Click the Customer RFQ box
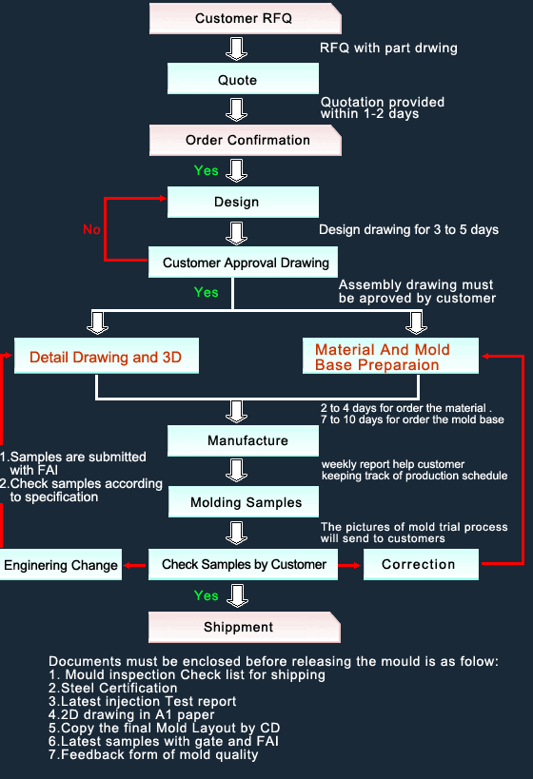tap(246, 18)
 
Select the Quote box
tap(243, 79)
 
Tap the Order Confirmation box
tap(246, 140)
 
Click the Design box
tap(243, 202)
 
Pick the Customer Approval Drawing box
tap(243, 262)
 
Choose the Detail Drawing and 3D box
tap(107, 356)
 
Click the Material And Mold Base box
tap(391, 356)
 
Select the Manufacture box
tap(243, 440)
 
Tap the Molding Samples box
tap(244, 502)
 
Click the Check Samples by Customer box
tap(243, 564)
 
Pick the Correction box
tap(421, 564)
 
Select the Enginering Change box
tap(61, 564)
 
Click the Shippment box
tap(245, 627)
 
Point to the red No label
tap(91, 229)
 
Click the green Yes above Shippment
tap(207, 595)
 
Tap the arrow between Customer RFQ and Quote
tap(237, 49)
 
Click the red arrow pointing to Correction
tap(349, 565)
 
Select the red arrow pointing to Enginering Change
tap(135, 565)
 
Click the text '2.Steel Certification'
tap(113, 688)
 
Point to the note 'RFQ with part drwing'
tap(388, 49)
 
